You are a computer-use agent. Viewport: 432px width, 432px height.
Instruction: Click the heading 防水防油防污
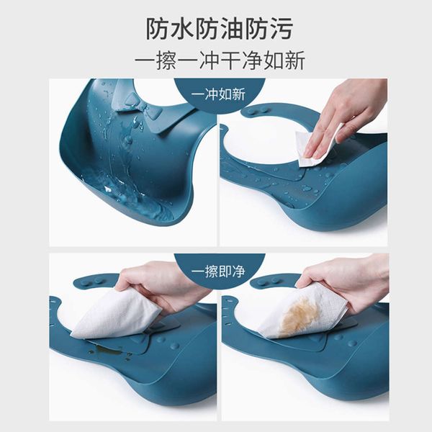pyautogui.click(x=219, y=28)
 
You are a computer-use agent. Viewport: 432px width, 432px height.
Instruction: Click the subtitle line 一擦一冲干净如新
pyautogui.click(x=220, y=60)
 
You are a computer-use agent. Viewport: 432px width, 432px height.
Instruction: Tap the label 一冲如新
pyautogui.click(x=218, y=94)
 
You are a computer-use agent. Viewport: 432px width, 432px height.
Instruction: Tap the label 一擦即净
pyautogui.click(x=218, y=271)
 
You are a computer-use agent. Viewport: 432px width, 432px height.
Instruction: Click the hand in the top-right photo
pyautogui.click(x=347, y=116)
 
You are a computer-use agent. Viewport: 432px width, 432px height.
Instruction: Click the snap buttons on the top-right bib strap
pyautogui.click(x=257, y=111)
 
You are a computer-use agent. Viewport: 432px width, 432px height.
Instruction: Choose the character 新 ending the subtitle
pyautogui.click(x=295, y=60)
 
